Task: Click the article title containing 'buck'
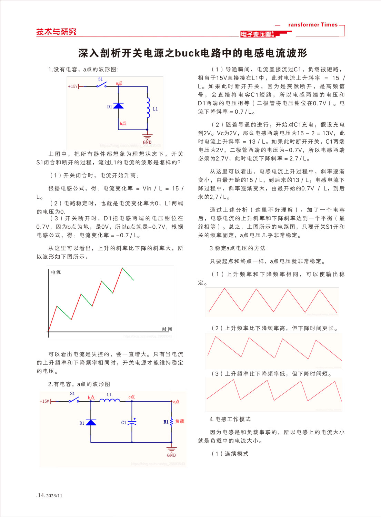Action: tap(192, 53)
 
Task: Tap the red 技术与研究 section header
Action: tap(56, 32)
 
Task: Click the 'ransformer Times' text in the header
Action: tap(313, 25)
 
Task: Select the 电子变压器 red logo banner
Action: tap(257, 34)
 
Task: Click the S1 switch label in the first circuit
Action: tap(100, 79)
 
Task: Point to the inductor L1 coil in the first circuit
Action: tap(148, 108)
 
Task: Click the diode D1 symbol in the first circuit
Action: tap(118, 106)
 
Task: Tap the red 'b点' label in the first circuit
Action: tap(123, 123)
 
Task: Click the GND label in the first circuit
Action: tap(147, 142)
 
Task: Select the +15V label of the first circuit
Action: tap(73, 86)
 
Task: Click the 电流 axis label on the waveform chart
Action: tap(56, 272)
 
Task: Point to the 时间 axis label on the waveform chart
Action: tap(167, 329)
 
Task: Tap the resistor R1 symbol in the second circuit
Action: tap(171, 422)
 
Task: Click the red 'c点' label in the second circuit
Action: tap(131, 397)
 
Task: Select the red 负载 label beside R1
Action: tap(180, 421)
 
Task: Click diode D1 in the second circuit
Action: tap(91, 422)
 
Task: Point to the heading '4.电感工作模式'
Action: tap(230, 419)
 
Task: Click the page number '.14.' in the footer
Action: tap(41, 495)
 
